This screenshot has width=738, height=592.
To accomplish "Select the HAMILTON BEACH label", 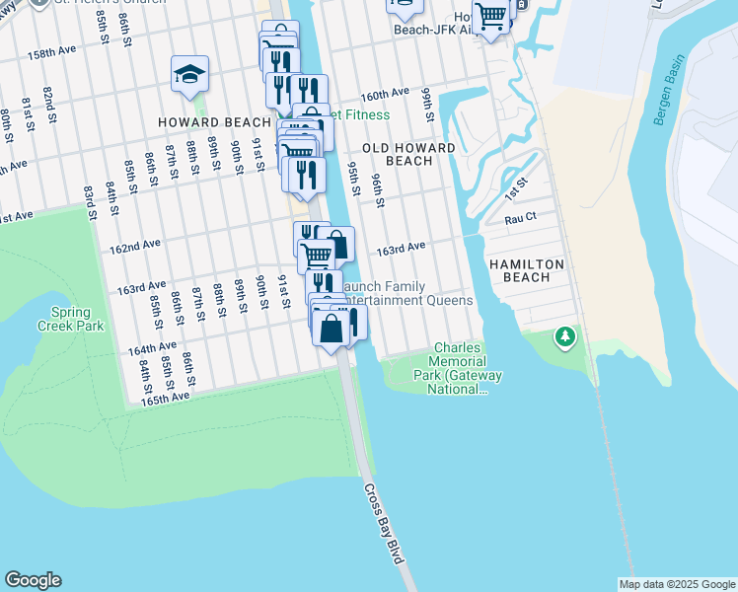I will click(527, 271).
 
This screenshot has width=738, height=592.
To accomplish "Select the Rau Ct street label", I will click(520, 218).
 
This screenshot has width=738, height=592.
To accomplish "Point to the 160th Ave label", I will click(385, 94).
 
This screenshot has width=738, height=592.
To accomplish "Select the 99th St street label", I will click(428, 104).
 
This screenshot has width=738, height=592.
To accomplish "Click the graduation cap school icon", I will click(189, 74).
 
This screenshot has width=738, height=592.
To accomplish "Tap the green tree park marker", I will click(564, 337).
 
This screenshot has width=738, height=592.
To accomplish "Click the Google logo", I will click(33, 580).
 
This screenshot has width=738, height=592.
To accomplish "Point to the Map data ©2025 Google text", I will click(677, 585).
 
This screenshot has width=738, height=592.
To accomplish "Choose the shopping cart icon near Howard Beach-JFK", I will click(490, 15).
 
